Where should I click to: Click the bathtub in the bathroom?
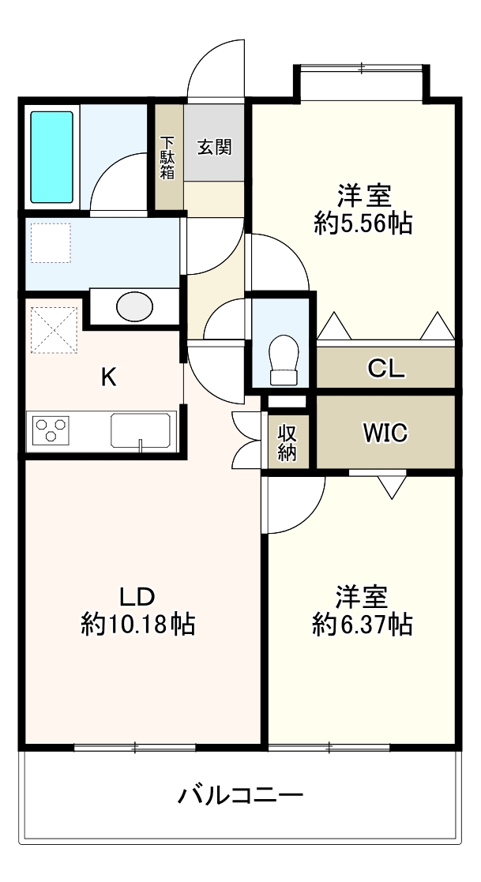52,157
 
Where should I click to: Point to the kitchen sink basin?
141,431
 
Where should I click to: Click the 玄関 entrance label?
214,146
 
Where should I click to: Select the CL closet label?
385,368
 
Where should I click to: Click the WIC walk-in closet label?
385,432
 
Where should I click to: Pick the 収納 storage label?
287,442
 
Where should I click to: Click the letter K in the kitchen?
108,377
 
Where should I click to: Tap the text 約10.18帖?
138,625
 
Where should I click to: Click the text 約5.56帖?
363,224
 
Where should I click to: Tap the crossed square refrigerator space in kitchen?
54,329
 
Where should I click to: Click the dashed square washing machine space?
51,242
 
